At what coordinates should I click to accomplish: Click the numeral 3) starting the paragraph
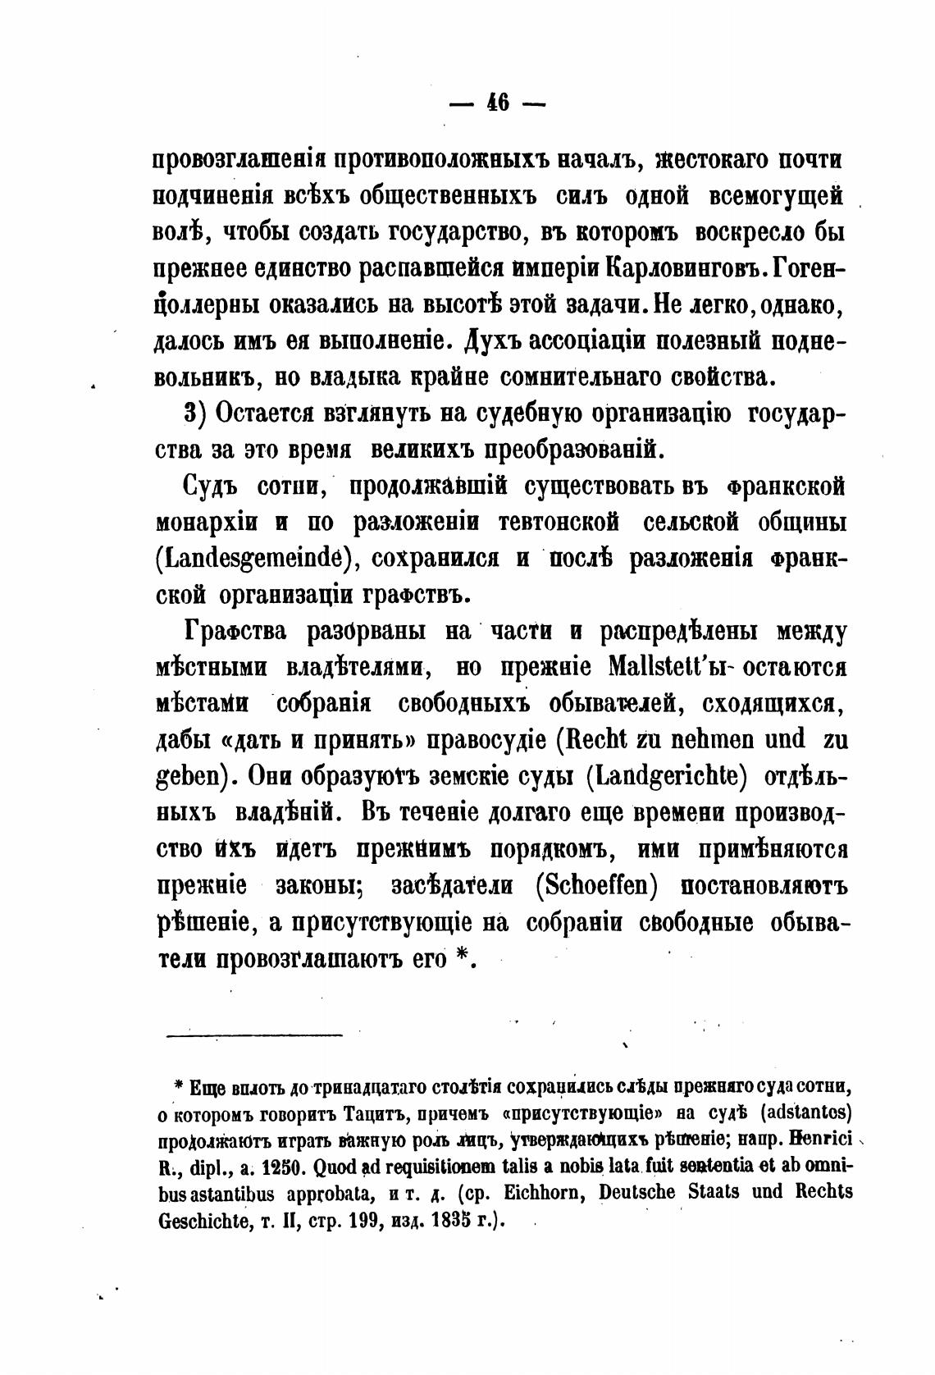tap(194, 415)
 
